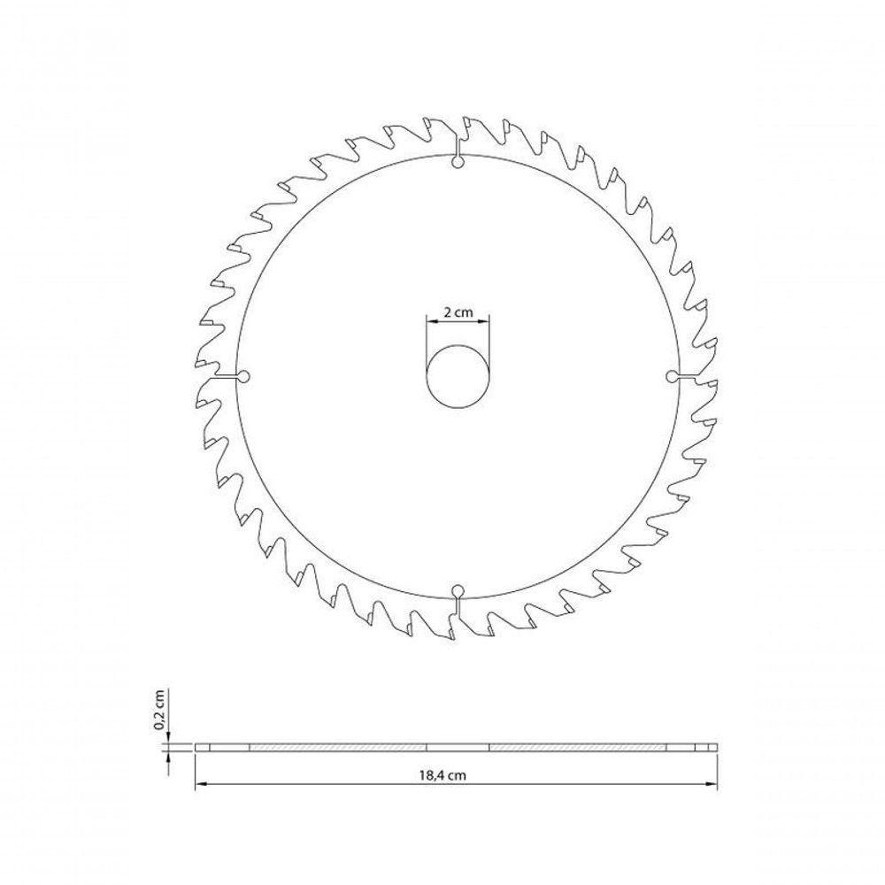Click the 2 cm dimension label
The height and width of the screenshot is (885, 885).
458,312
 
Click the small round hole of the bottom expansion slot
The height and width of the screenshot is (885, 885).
457,590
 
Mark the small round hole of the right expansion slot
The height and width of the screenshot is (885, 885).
671,377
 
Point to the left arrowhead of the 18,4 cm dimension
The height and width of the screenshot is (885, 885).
199,782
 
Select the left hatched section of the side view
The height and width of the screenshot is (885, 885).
338,748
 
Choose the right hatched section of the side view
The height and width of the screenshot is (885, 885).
577,748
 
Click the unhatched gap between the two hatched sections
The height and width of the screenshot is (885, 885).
458,748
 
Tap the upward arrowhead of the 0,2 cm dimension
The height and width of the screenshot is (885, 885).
167,756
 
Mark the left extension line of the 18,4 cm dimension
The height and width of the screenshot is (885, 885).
195,770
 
